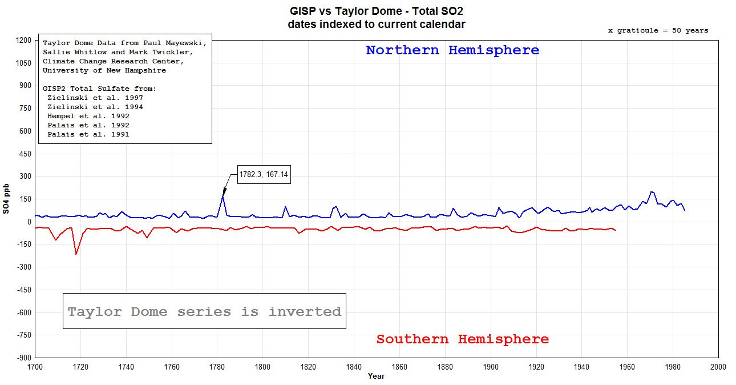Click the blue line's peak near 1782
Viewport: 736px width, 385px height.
[x=223, y=196]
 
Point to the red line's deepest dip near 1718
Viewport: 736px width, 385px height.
[x=76, y=254]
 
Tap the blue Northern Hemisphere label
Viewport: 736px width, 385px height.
[x=452, y=50]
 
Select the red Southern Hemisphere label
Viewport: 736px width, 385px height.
[x=462, y=339]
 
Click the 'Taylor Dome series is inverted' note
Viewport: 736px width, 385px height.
[x=204, y=312]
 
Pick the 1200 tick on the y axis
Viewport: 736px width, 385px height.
[x=24, y=41]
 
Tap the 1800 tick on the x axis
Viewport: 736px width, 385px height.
[x=262, y=367]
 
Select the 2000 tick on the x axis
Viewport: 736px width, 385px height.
[x=718, y=367]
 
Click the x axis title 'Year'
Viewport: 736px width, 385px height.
[x=376, y=376]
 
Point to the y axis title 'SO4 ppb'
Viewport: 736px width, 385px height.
[x=6, y=199]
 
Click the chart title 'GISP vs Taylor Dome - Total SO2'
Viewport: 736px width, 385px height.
[x=377, y=11]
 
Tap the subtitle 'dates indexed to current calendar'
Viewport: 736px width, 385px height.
[x=377, y=25]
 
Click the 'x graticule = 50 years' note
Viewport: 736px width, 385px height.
[x=658, y=31]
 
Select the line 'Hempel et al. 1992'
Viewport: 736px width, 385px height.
[x=88, y=116]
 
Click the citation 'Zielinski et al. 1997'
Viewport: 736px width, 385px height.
[x=95, y=98]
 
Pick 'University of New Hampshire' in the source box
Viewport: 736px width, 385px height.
[x=104, y=70]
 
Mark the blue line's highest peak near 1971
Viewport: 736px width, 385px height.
[x=652, y=192]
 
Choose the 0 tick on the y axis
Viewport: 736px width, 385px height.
[x=28, y=222]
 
